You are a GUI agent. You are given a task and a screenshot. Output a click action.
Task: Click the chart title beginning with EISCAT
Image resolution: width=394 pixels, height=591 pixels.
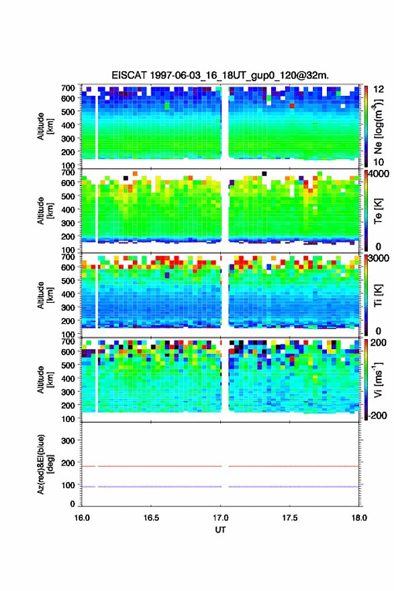[220, 75]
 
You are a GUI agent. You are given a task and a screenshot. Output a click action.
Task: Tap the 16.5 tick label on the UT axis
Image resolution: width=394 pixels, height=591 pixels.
[151, 518]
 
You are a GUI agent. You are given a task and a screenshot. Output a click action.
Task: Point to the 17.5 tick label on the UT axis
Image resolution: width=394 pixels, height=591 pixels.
[290, 518]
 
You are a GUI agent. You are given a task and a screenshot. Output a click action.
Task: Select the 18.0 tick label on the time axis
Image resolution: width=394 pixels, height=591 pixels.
[359, 518]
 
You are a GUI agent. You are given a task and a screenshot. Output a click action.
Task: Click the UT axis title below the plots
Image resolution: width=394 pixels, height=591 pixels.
[220, 530]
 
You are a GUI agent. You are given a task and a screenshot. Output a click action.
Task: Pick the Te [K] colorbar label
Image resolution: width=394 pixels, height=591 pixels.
[378, 212]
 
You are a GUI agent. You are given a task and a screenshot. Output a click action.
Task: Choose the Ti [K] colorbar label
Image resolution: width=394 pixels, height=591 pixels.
[378, 296]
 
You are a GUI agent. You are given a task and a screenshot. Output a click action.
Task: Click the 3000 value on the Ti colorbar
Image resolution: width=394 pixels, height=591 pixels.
[379, 258]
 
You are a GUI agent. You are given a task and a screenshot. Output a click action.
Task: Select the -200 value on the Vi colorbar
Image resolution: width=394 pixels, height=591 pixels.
[378, 415]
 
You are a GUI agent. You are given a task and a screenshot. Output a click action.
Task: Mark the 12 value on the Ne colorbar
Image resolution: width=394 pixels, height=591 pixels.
[379, 89]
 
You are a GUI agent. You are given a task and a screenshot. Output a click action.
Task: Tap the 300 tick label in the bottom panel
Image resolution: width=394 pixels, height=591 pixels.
[68, 441]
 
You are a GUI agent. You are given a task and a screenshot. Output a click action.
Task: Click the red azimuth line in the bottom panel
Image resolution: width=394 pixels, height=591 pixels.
[220, 466]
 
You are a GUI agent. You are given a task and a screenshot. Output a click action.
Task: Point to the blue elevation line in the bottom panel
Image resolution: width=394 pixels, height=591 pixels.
[220, 487]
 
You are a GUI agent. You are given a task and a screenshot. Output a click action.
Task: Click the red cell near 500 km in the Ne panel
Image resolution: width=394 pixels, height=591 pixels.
[292, 106]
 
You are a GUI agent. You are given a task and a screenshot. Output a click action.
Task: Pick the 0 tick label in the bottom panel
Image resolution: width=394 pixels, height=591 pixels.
[72, 504]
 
